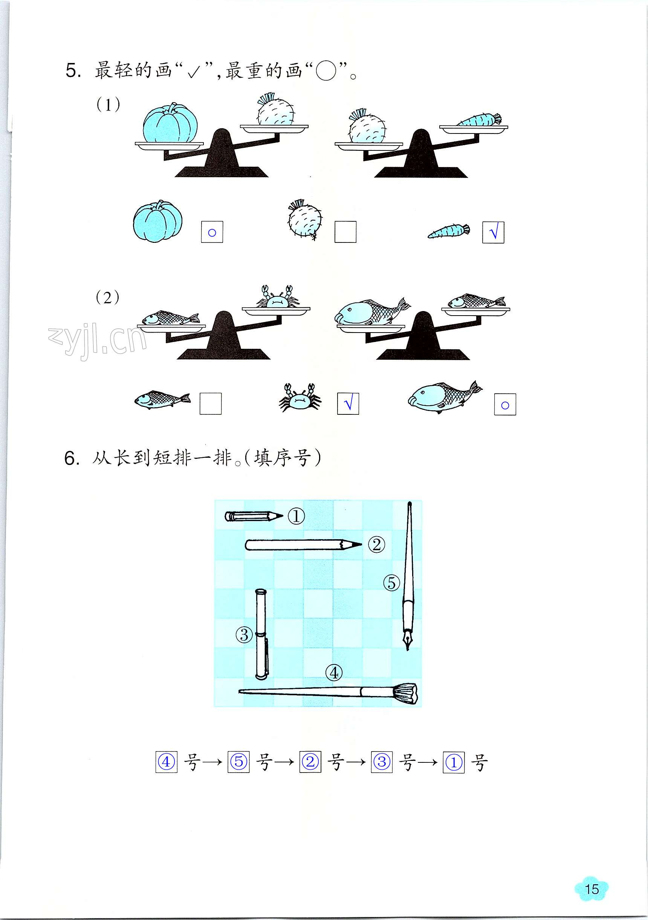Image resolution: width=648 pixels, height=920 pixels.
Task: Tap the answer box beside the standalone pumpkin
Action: (x=212, y=232)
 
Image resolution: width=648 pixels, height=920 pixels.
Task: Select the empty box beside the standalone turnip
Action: (x=345, y=232)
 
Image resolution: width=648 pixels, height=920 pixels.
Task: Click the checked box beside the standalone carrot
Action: (x=494, y=232)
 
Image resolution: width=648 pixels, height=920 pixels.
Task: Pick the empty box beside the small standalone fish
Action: (x=210, y=403)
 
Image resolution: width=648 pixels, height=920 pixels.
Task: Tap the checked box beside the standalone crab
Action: (x=348, y=403)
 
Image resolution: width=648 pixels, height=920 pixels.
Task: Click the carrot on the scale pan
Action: (x=479, y=120)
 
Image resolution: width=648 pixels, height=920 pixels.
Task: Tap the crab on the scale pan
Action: (x=276, y=296)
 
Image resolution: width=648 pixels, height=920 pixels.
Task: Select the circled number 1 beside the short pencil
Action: (x=296, y=517)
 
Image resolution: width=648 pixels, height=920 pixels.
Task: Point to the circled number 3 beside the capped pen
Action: (x=244, y=634)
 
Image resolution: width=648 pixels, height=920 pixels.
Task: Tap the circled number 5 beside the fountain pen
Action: (x=391, y=583)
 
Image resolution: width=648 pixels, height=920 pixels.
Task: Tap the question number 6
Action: (x=71, y=459)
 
